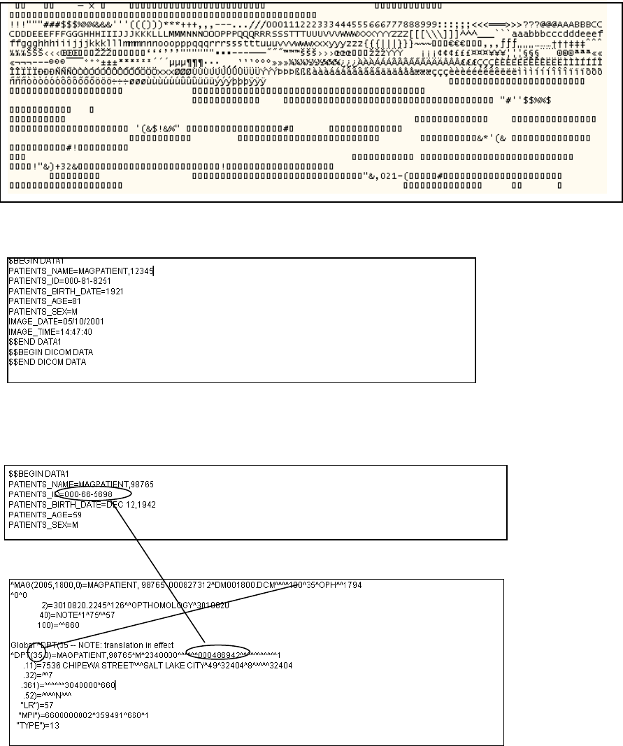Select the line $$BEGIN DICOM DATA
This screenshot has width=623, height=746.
point(50,352)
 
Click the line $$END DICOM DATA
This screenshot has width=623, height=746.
point(45,362)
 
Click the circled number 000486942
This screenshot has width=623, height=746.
point(222,654)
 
